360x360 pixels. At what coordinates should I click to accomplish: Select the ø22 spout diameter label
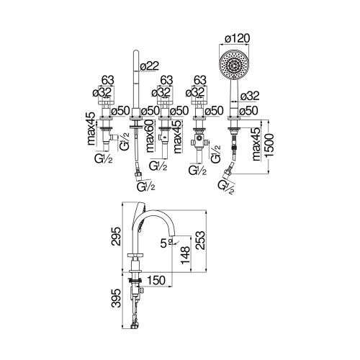click(150, 66)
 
